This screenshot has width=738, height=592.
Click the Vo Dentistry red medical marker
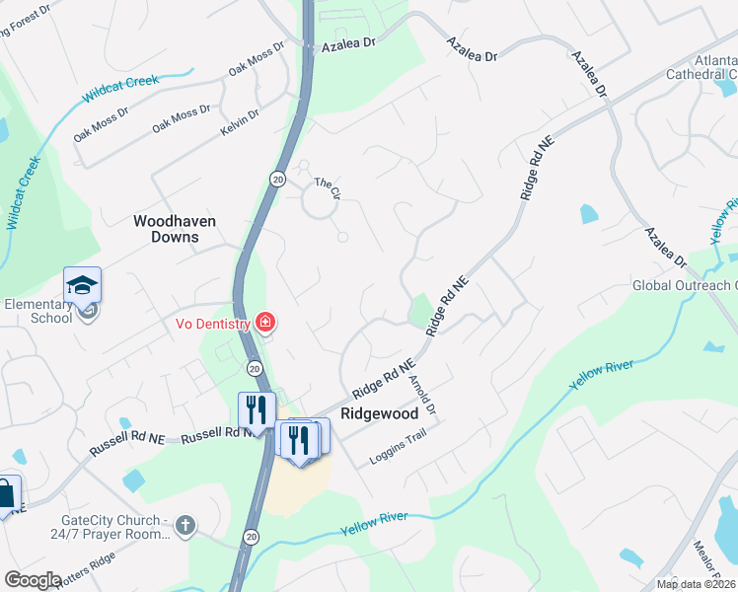click(264, 322)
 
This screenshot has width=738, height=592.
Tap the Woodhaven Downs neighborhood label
click(175, 229)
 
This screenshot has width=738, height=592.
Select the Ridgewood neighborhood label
click(380, 414)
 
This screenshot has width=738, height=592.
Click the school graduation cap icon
click(82, 287)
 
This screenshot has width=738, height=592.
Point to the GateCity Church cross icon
click(184, 527)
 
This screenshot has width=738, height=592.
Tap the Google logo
click(33, 580)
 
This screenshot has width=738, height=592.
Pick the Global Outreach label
click(684, 286)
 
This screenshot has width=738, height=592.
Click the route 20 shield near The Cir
click(277, 178)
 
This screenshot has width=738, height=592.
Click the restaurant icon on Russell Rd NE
click(256, 409)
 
